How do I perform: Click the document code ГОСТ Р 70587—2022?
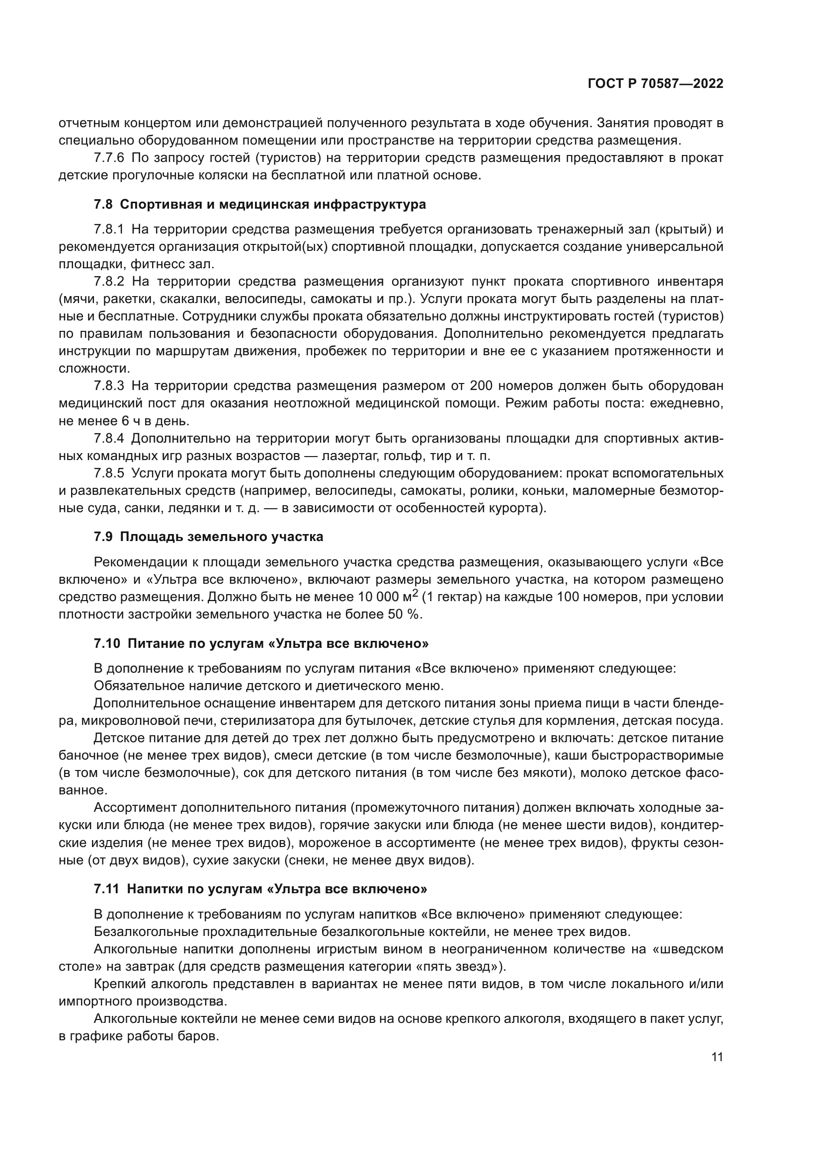(x=655, y=84)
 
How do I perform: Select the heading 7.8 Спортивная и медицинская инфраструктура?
(x=259, y=205)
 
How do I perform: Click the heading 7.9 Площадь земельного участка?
(x=209, y=537)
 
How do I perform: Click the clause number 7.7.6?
(x=109, y=158)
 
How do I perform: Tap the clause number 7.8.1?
(x=109, y=229)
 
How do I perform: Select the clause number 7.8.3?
(x=109, y=386)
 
